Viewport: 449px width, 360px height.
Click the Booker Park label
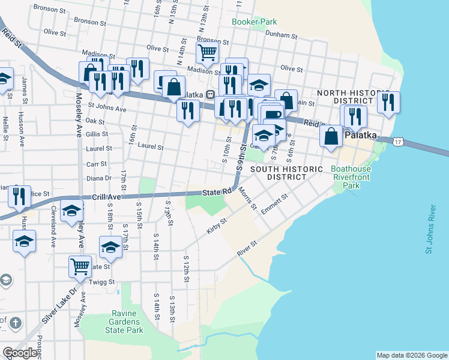[x=255, y=22]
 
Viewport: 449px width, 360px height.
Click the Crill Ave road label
[x=107, y=197]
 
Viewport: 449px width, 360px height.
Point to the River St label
[x=247, y=249]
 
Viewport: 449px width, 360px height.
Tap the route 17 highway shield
[x=398, y=142]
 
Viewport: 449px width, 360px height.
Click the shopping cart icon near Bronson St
[x=207, y=52]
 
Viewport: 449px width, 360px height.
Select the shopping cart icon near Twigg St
[x=80, y=266]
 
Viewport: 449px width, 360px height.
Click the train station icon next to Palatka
[x=211, y=94]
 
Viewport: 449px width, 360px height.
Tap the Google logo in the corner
[x=19, y=353]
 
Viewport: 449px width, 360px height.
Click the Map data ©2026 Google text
[x=412, y=355]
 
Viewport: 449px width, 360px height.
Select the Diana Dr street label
[x=99, y=178]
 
